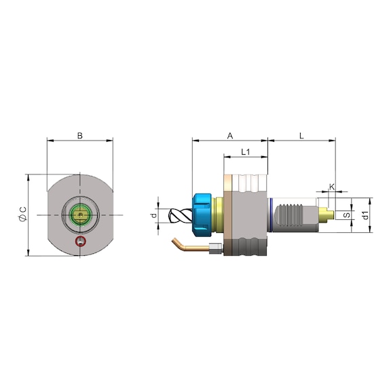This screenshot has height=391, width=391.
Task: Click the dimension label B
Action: (80, 136)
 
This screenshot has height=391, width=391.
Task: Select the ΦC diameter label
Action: (22, 215)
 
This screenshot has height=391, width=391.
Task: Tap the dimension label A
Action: (230, 136)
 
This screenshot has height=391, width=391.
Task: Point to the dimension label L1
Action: (246, 152)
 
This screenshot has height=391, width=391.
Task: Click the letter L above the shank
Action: (301, 136)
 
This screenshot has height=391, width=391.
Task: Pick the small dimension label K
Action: (332, 187)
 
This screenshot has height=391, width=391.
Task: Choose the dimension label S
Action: (347, 215)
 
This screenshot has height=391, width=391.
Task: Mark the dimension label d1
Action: (365, 215)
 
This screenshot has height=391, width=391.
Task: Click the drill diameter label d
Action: (154, 215)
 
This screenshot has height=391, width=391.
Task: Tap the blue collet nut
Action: (202, 215)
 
